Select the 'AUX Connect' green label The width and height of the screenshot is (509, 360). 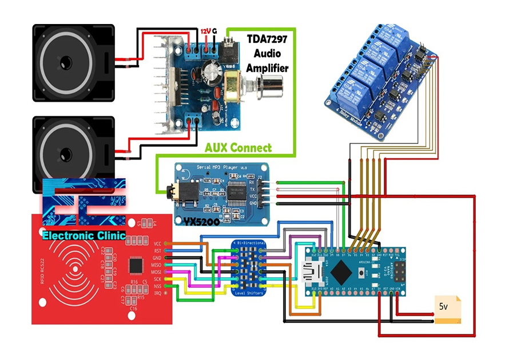pyautogui.click(x=238, y=147)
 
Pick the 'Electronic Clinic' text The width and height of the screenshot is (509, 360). pyautogui.click(x=84, y=235)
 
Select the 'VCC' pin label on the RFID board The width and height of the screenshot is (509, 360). pyautogui.click(x=157, y=244)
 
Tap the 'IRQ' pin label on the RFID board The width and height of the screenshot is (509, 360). pyautogui.click(x=157, y=293)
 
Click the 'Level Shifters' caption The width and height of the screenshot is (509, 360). pyautogui.click(x=249, y=293)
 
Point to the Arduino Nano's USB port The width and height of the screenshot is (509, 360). pyautogui.click(x=312, y=273)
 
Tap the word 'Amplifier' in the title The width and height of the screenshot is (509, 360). pyautogui.click(x=268, y=67)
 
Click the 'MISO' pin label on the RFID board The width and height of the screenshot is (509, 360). pyautogui.click(x=156, y=265)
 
